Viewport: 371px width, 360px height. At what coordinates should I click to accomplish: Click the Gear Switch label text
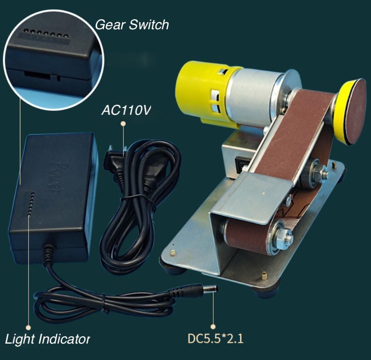132,25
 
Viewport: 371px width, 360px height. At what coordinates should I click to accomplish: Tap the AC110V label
125,110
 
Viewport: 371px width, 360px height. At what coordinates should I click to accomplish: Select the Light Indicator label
48,339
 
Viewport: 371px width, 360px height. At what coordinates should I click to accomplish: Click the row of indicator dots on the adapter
30,203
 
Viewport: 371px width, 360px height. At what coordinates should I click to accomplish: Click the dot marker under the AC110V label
123,123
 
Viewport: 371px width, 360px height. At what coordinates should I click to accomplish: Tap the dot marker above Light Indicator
28,327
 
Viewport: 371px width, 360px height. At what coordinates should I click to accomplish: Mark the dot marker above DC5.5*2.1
213,326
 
